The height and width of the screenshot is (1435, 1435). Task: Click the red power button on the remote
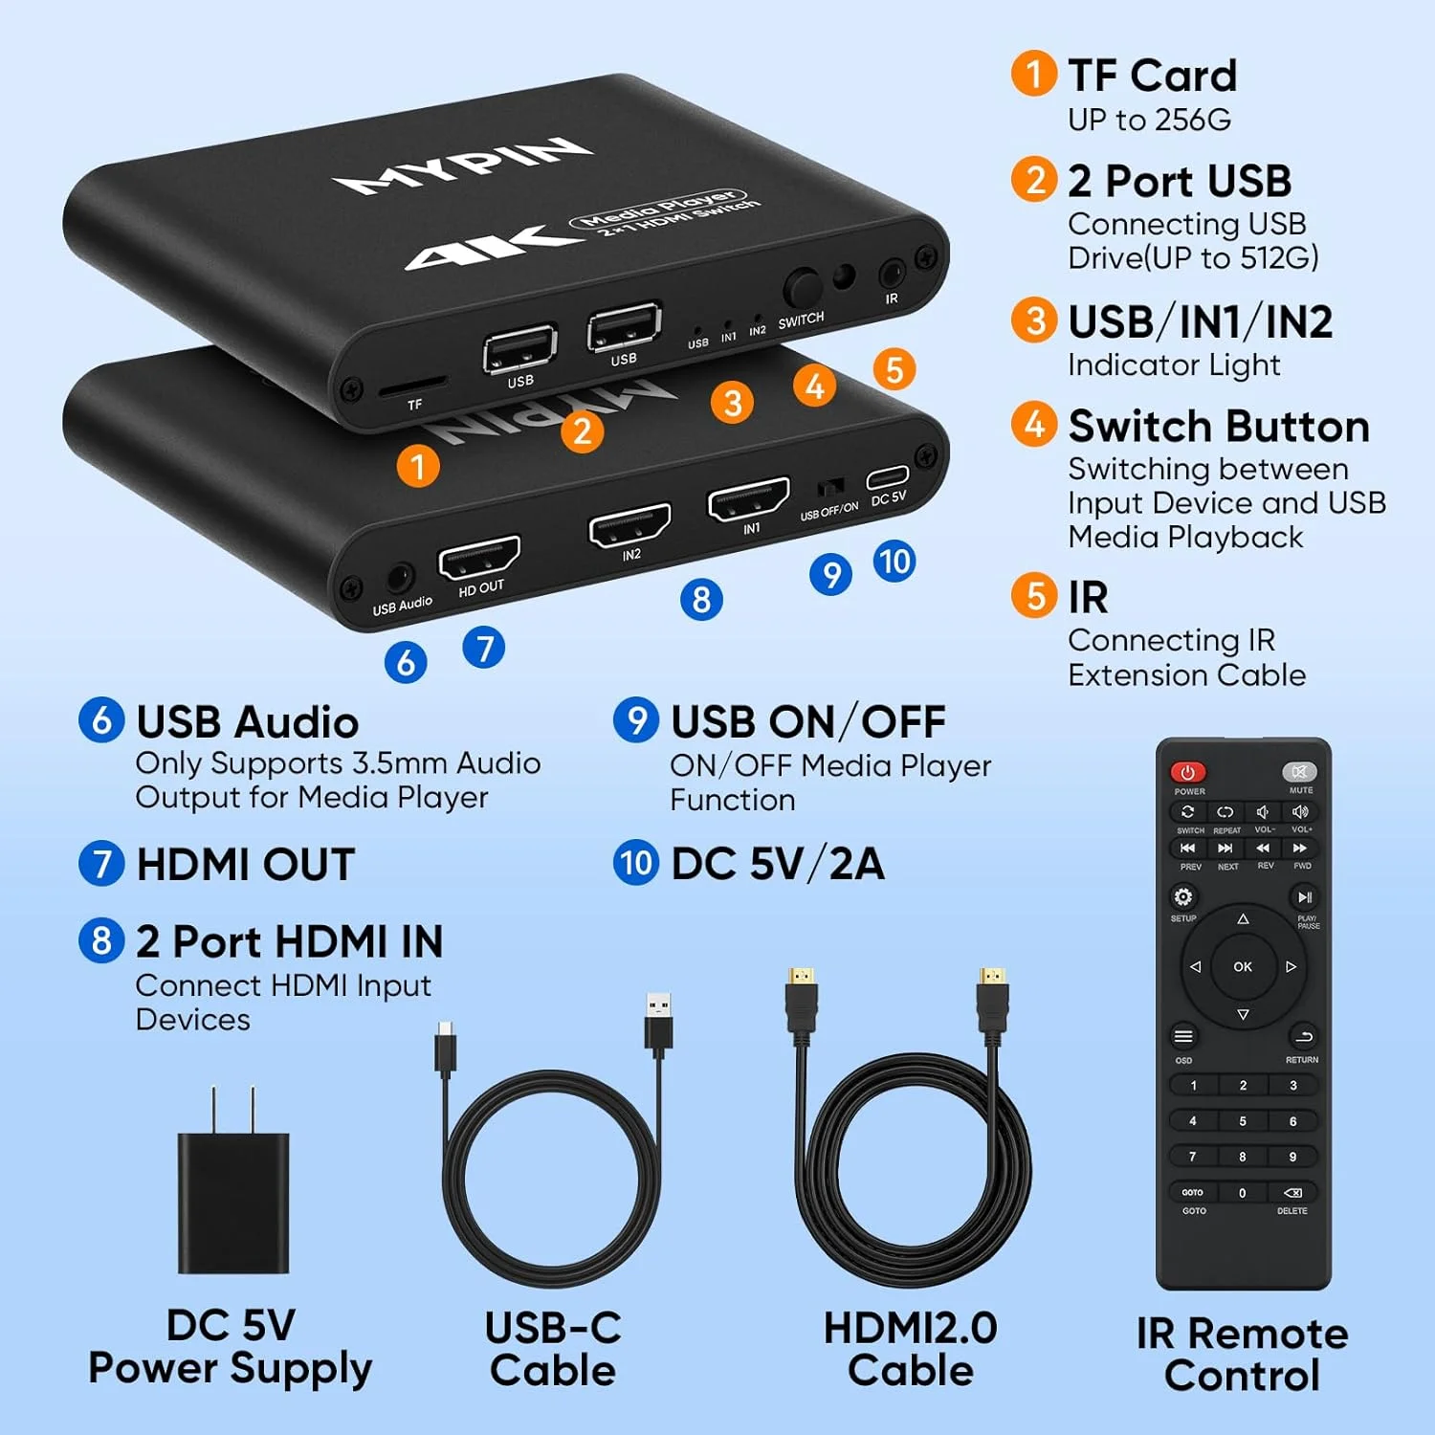coord(1188,771)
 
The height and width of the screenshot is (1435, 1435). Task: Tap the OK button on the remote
coord(1243,966)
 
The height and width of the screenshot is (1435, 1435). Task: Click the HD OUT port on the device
coord(478,557)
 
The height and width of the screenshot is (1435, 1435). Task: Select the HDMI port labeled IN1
coord(748,499)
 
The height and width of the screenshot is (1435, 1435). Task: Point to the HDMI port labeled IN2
coord(629,524)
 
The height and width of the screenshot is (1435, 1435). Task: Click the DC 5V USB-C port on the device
coord(888,477)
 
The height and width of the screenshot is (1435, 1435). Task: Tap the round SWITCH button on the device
coord(802,288)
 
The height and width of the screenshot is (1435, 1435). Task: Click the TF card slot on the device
coord(413,385)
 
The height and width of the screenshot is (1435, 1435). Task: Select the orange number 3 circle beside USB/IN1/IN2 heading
coord(1034,320)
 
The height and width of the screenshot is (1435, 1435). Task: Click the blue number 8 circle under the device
coord(701,600)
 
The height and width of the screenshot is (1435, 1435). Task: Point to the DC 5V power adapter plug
coord(233,1196)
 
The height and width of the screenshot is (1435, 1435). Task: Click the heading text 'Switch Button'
coord(1219,426)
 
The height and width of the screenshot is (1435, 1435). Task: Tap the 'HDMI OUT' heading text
coord(246,864)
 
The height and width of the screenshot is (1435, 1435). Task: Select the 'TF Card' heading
coord(1152,76)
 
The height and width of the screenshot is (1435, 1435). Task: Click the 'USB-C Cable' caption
coord(553,1349)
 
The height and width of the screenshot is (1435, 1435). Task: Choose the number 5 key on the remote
coord(1243,1121)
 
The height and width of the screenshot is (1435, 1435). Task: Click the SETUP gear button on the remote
coord(1183,896)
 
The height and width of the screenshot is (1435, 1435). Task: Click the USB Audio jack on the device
coord(399,579)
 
